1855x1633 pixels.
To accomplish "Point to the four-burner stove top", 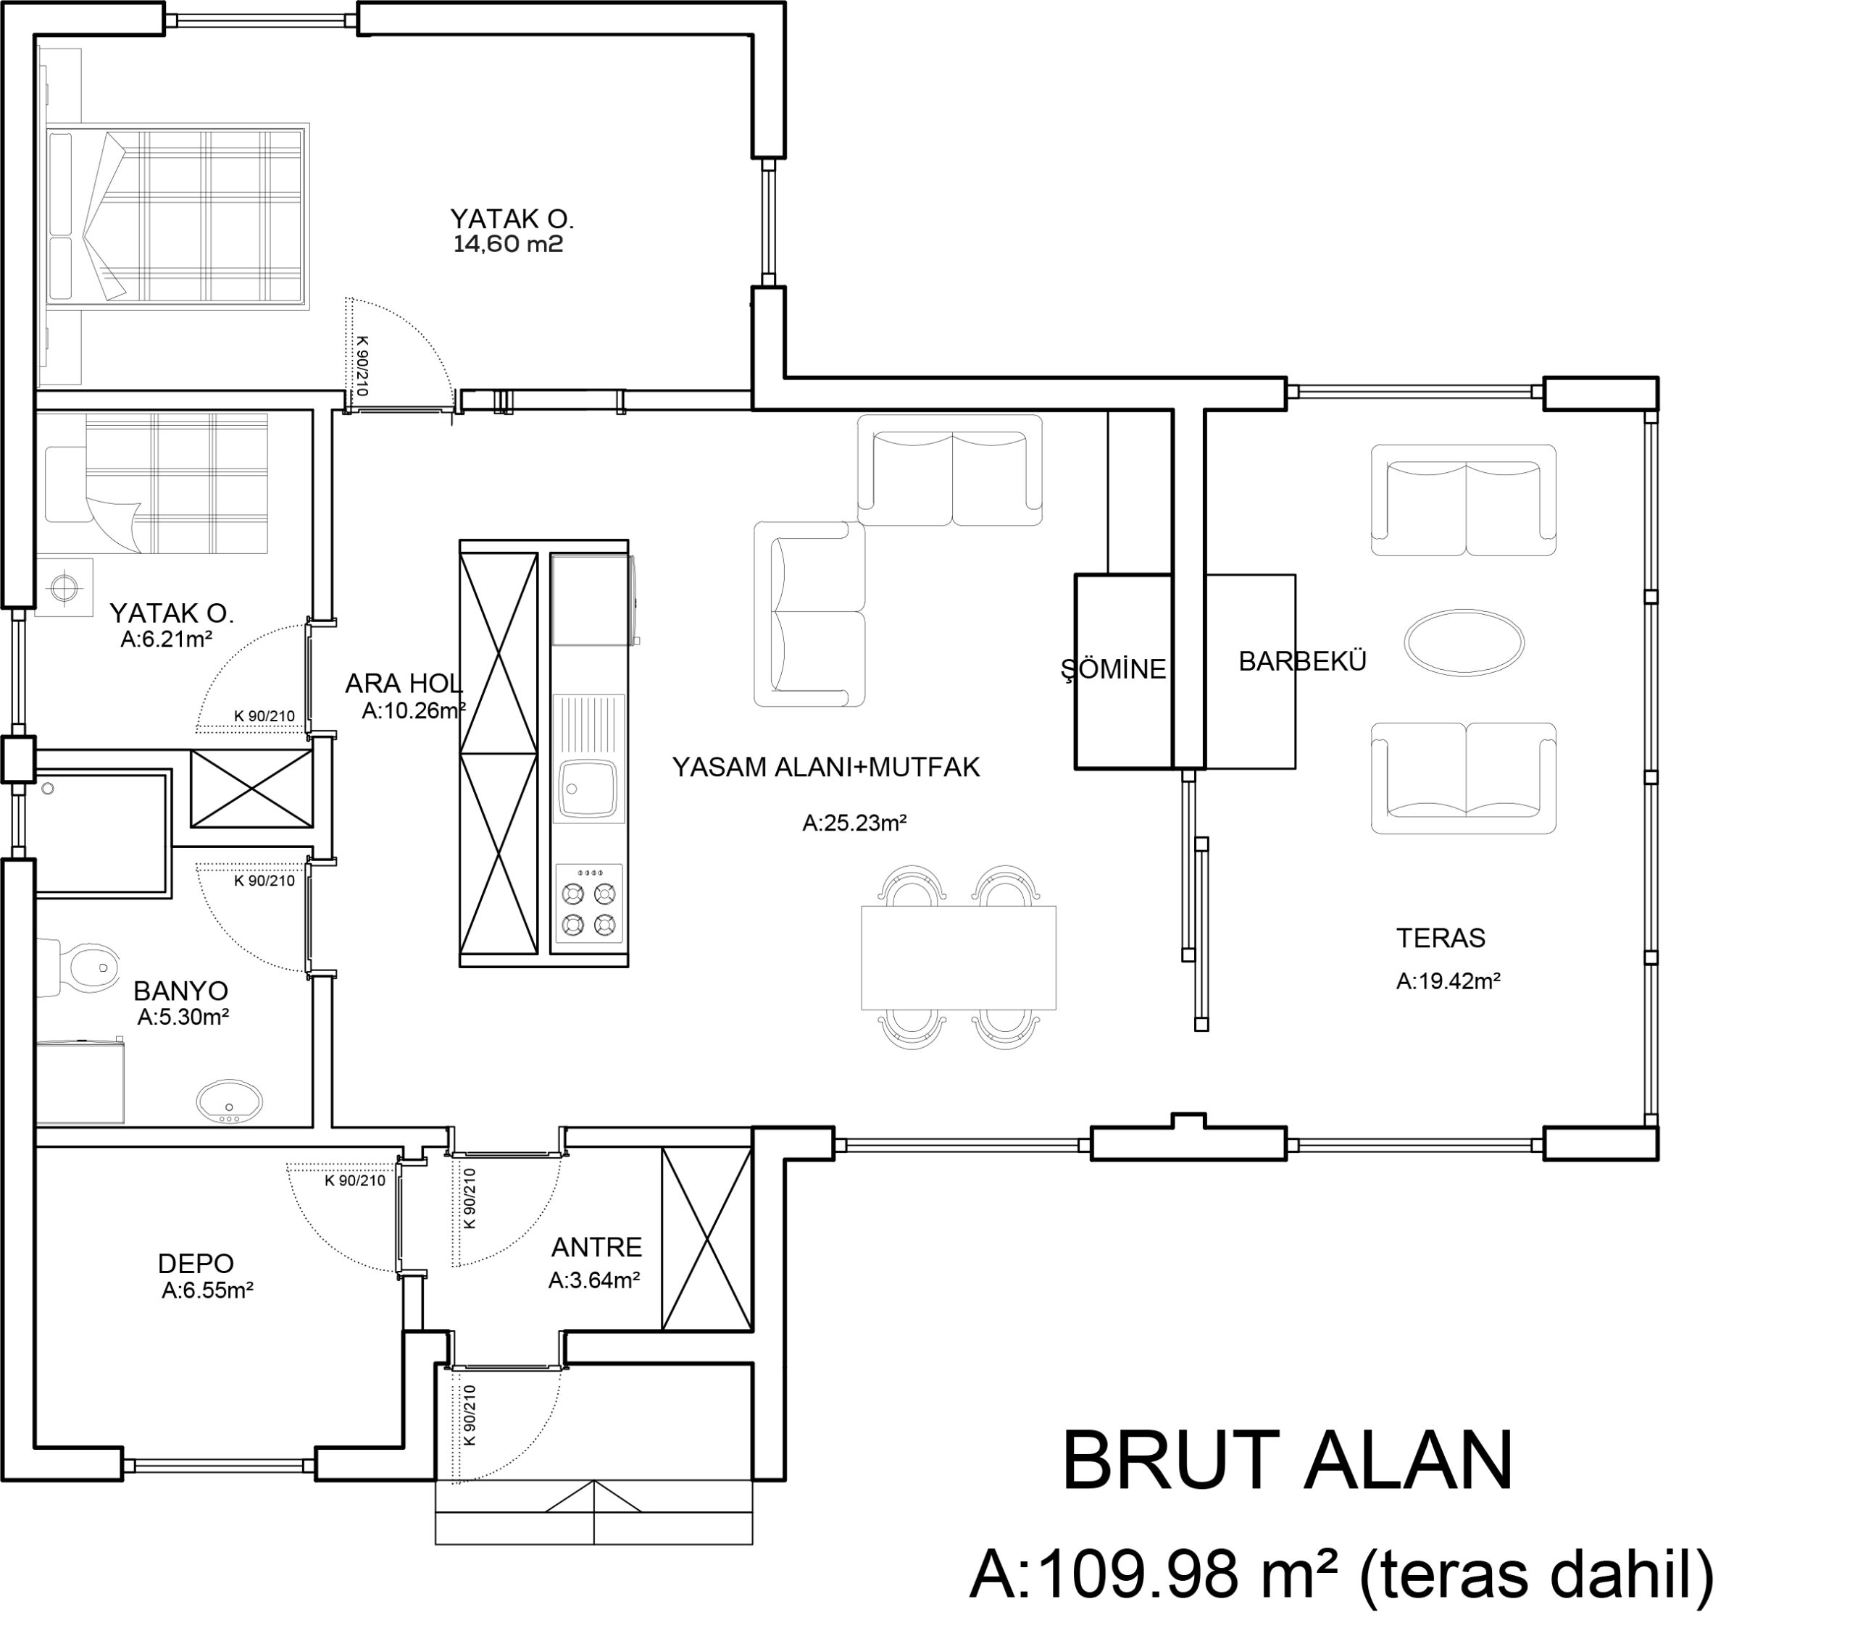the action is (x=589, y=904).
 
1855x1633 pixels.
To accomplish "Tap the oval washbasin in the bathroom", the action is (x=230, y=1101).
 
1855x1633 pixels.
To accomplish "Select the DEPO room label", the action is (x=196, y=1263).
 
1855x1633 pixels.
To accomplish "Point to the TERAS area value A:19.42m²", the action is (x=1448, y=981).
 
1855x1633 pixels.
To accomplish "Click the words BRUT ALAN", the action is (x=1288, y=1461).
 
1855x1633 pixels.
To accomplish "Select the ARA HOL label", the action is (x=404, y=683).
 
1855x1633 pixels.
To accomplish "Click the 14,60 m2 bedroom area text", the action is (x=508, y=243).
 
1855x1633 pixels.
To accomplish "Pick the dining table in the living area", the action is (x=959, y=957).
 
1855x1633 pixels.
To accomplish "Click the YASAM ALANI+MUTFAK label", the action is (x=826, y=768).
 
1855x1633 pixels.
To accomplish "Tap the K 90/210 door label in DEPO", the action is (x=355, y=1180).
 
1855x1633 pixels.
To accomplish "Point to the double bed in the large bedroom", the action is (x=176, y=216).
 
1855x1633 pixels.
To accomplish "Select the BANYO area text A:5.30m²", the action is (x=183, y=1017).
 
